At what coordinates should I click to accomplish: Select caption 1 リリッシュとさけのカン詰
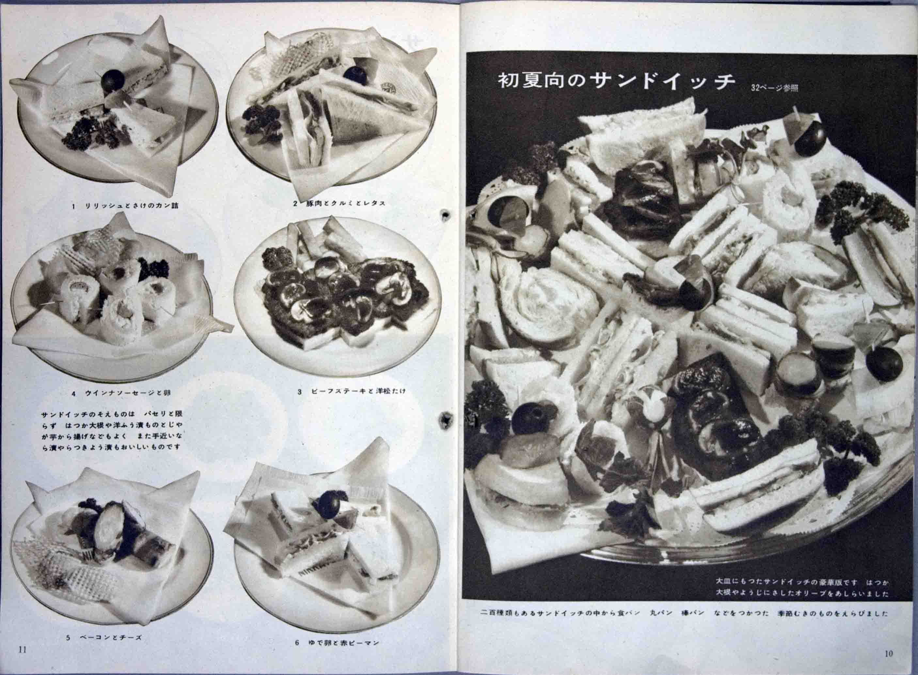coord(126,206)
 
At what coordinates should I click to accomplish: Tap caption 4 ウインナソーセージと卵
coord(121,393)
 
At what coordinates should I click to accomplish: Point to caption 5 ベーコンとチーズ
coord(104,638)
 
